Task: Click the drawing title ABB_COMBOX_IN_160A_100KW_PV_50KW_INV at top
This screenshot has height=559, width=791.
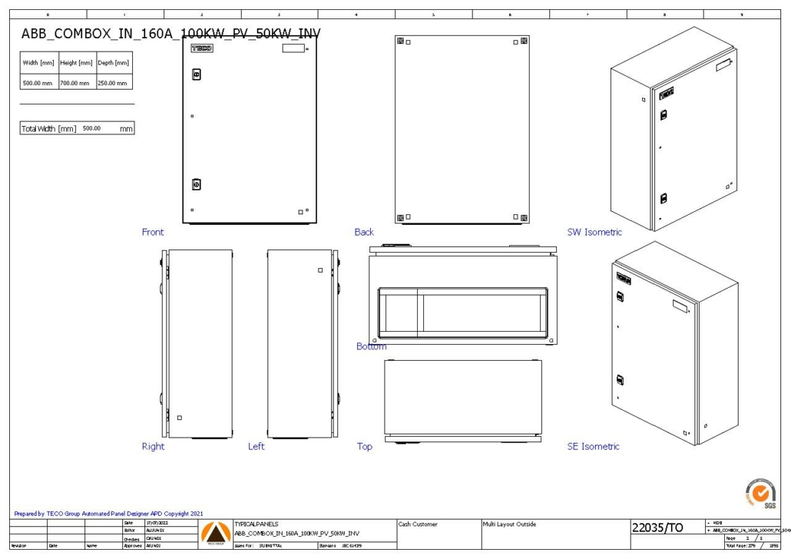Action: (170, 34)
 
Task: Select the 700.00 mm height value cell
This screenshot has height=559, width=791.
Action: (75, 83)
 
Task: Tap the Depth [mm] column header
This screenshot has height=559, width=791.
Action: (112, 63)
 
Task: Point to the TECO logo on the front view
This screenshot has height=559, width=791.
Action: (201, 48)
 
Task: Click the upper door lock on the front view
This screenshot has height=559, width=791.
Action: (196, 74)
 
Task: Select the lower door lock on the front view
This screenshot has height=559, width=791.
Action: (196, 184)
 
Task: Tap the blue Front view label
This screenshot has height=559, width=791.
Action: (153, 232)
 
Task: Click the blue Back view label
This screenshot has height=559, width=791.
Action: (364, 232)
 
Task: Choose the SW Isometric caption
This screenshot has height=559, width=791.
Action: (594, 232)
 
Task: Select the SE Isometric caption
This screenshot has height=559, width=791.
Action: (593, 446)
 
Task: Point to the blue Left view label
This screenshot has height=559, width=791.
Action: (256, 446)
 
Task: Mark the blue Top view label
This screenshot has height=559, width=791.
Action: (364, 446)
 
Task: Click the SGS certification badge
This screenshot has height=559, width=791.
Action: (760, 492)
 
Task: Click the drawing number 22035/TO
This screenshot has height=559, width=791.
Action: (663, 528)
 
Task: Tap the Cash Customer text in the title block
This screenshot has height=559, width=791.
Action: (418, 524)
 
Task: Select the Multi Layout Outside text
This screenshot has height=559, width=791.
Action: (509, 524)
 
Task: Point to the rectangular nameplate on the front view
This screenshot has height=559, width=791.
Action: (293, 48)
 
